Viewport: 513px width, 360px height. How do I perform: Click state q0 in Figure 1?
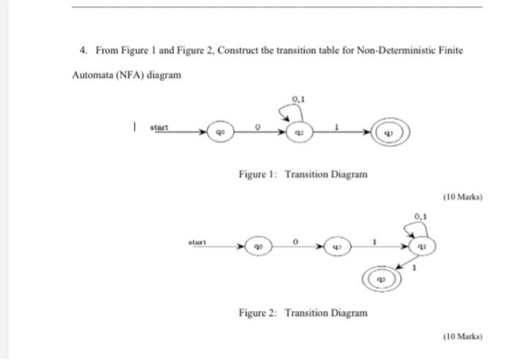click(219, 134)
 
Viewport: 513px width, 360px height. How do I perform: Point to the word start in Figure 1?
click(159, 127)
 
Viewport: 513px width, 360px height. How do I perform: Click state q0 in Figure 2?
click(256, 247)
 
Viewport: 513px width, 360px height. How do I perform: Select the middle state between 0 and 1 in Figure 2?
click(335, 247)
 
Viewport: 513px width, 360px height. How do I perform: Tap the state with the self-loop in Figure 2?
click(421, 247)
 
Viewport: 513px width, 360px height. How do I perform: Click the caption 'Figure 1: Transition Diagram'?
click(303, 175)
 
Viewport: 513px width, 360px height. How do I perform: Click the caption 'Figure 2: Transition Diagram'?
click(303, 313)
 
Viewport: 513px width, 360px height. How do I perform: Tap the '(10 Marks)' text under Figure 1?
click(462, 197)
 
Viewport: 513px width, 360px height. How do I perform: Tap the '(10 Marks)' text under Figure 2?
click(462, 336)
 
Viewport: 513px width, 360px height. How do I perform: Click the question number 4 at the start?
click(83, 51)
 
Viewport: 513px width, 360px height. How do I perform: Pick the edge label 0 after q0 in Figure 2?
click(295, 240)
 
